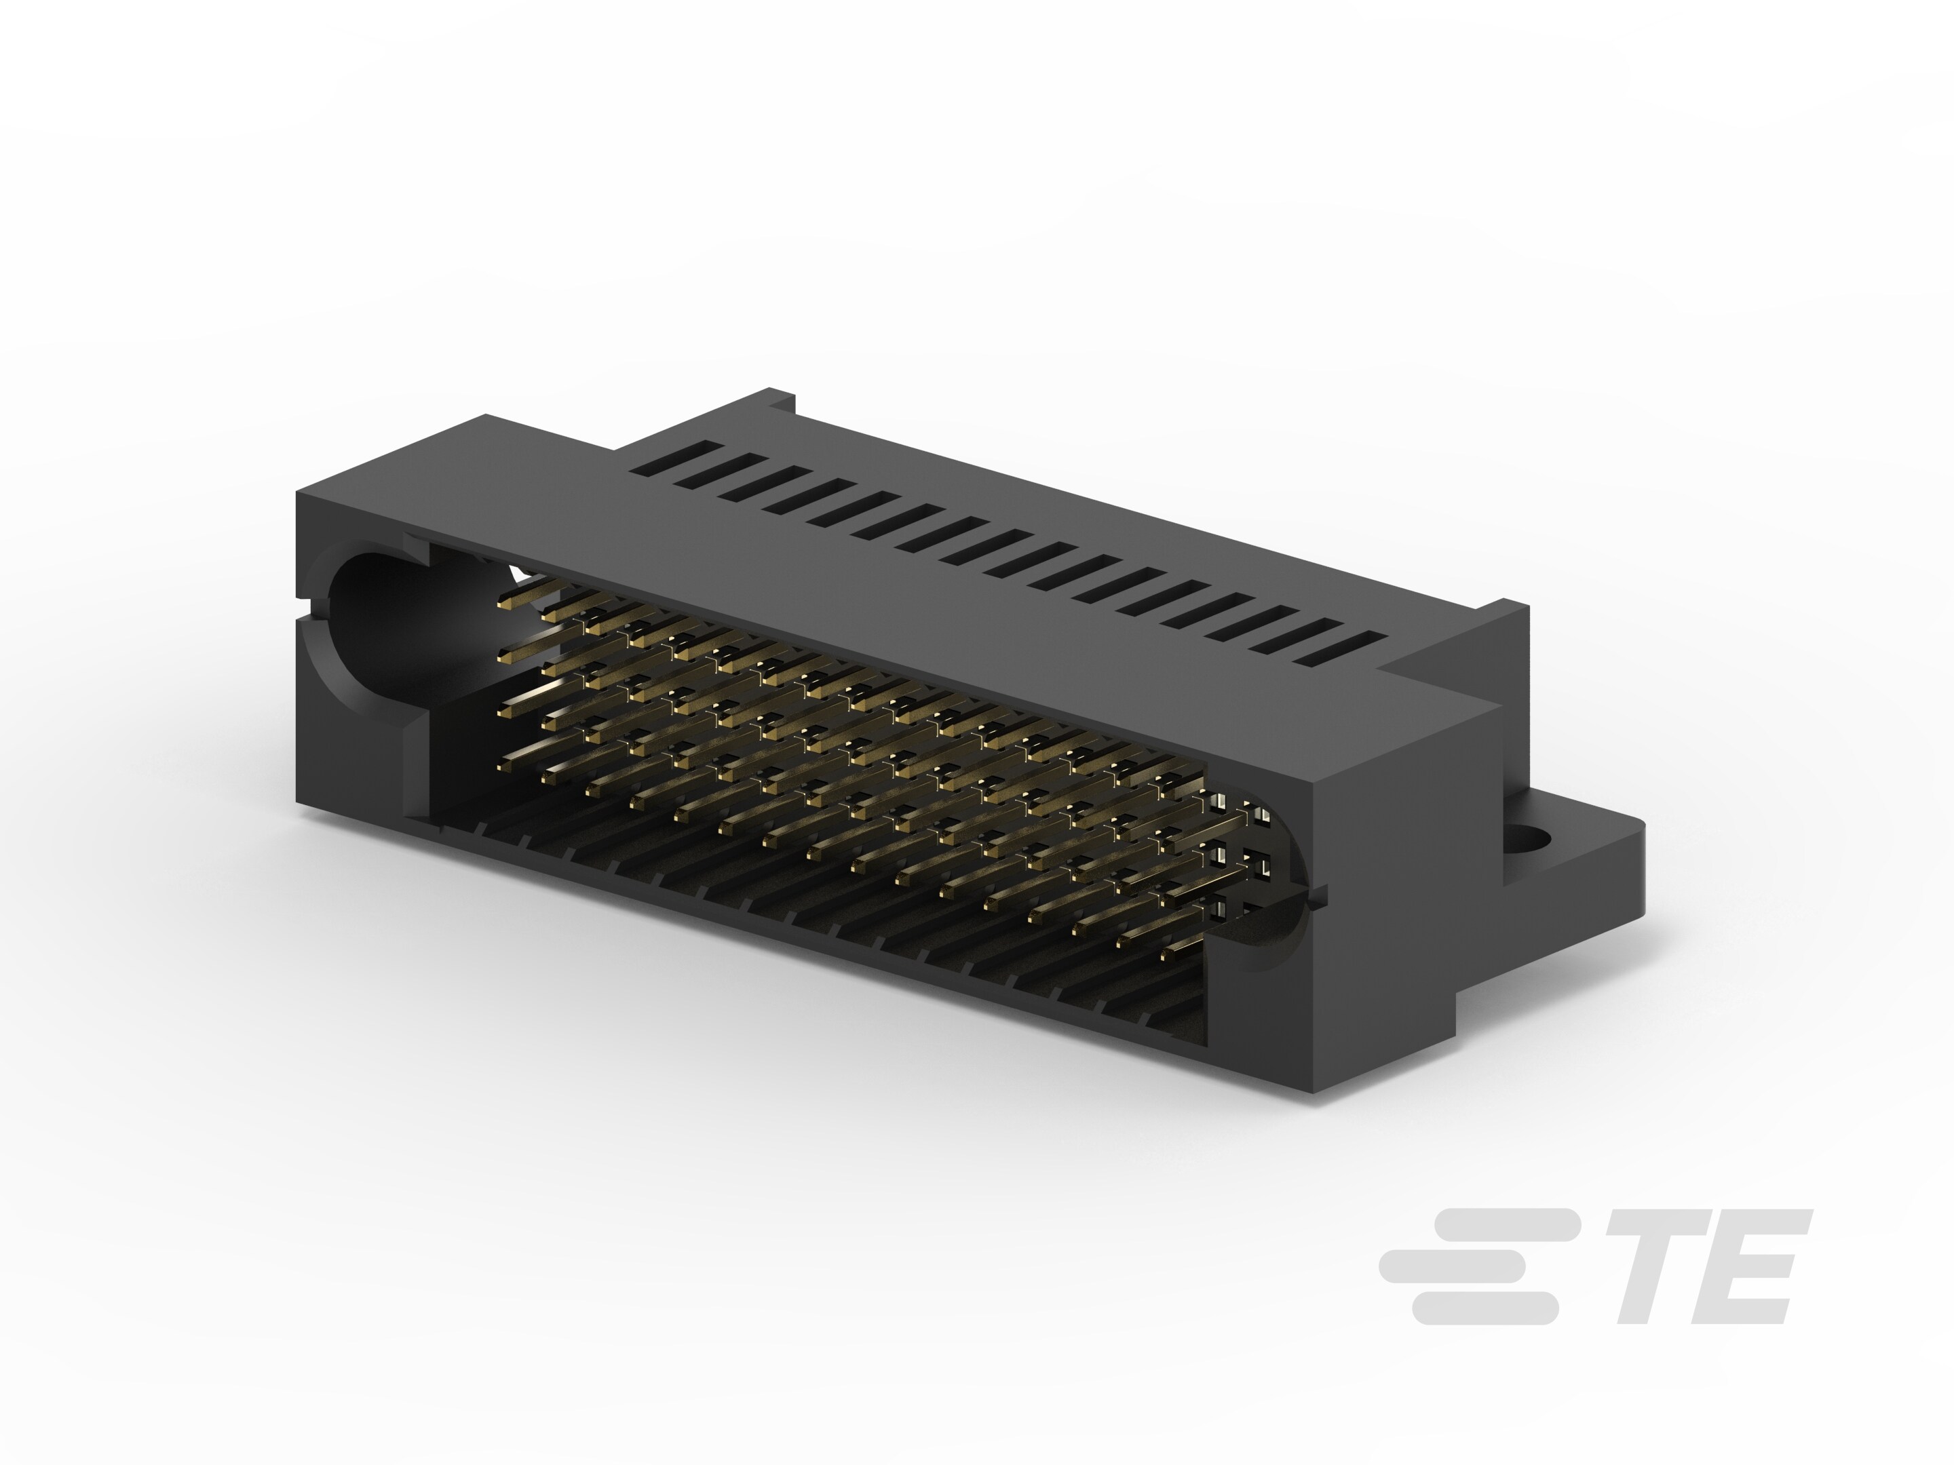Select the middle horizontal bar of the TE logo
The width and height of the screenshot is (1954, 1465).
tap(1453, 1266)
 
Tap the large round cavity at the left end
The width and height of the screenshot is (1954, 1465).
tap(371, 618)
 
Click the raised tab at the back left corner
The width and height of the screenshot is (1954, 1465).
tap(781, 401)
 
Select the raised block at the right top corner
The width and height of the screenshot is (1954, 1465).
tap(1457, 649)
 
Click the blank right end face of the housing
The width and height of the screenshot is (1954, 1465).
tap(1404, 883)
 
